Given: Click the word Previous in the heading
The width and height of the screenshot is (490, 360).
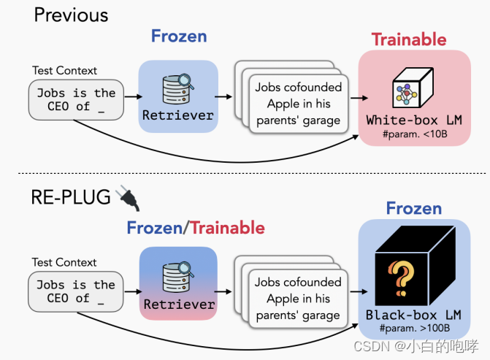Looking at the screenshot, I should [71, 15].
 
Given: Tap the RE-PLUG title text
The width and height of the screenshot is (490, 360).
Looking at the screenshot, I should [71, 196].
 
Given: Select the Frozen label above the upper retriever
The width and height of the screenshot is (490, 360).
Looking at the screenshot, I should [179, 36].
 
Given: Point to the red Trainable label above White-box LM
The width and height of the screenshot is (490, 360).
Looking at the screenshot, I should [409, 39].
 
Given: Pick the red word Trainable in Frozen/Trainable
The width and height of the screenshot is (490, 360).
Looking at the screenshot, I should [227, 228].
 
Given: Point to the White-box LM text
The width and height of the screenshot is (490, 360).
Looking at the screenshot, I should [413, 120].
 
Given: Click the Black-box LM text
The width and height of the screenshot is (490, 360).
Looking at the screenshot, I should [413, 315].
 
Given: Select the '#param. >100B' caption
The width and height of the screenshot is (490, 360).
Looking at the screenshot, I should [413, 329].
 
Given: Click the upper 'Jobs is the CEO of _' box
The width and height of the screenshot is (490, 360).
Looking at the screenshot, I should [76, 100].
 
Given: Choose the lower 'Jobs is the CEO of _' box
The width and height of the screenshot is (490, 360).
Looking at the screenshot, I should [76, 291].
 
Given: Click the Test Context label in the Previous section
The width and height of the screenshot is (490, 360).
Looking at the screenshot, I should [64, 71].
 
